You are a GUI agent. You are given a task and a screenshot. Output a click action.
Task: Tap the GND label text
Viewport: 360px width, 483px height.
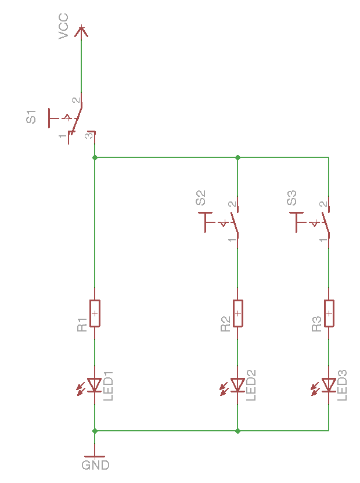click(95, 465)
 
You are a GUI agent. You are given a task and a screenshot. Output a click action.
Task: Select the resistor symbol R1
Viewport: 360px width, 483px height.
click(95, 313)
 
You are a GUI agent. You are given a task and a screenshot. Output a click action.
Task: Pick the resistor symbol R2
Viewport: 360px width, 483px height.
click(237, 313)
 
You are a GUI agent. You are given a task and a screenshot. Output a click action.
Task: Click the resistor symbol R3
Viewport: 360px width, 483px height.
click(329, 313)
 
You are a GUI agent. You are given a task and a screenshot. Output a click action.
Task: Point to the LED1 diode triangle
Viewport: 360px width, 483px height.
click(95, 384)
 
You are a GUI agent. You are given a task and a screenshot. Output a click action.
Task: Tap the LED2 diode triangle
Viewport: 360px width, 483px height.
click(237, 384)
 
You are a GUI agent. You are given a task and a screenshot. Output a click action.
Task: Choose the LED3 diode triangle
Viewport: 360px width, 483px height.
click(329, 384)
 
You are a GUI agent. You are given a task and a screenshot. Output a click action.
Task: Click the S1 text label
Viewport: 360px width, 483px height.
click(31, 116)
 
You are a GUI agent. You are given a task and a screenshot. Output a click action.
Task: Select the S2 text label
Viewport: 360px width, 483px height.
click(200, 198)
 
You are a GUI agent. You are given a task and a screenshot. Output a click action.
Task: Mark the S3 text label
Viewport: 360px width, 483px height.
click(291, 198)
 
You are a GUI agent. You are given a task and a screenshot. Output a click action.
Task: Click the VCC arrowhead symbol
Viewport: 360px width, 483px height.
click(81, 30)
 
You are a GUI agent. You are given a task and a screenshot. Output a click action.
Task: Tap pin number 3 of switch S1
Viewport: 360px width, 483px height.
click(88, 136)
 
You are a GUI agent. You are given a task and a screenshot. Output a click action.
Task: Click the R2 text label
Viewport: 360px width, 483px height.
click(225, 325)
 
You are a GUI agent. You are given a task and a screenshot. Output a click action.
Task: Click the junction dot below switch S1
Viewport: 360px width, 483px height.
click(95, 157)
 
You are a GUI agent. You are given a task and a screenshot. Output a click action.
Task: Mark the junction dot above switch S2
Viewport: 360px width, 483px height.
click(237, 157)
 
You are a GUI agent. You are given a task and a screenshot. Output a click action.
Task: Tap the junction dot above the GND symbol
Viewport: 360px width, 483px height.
click(95, 431)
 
